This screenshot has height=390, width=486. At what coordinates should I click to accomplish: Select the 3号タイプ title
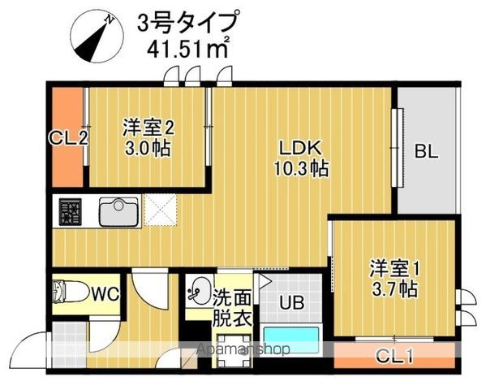(x=188, y=20)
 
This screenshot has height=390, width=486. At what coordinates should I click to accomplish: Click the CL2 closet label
(x=68, y=137)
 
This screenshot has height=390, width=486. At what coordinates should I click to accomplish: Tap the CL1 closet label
(x=396, y=355)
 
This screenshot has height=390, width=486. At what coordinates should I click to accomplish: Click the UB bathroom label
(x=291, y=304)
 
